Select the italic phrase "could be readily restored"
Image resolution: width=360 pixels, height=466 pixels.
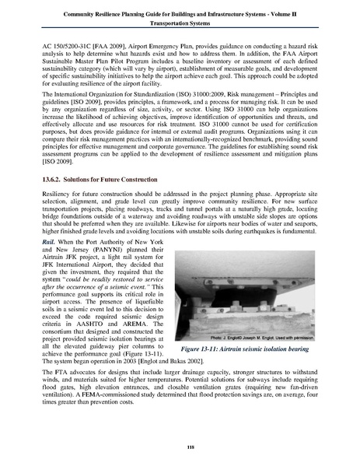click(93, 275)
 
